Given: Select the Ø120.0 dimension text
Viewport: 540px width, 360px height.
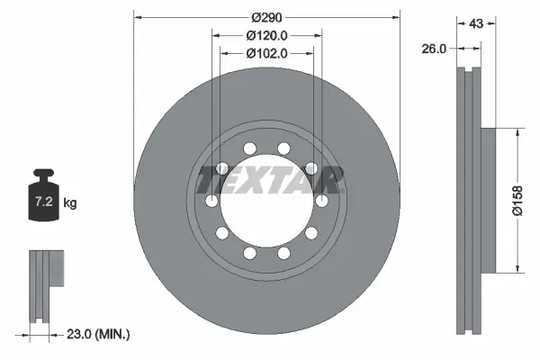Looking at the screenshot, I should pyautogui.click(x=266, y=35).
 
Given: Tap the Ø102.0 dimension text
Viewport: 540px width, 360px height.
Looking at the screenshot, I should pyautogui.click(x=266, y=53).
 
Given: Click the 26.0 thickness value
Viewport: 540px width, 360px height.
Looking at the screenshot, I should pyautogui.click(x=434, y=50).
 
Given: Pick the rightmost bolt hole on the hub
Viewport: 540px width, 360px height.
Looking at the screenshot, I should pyautogui.click(x=319, y=200).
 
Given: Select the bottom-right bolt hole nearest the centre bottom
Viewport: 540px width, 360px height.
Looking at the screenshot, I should pyautogui.click(x=283, y=253).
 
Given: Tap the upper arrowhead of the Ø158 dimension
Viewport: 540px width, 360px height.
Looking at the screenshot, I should pyautogui.click(x=517, y=132).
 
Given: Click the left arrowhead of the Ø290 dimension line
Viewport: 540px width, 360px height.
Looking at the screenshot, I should pyautogui.click(x=138, y=17).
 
